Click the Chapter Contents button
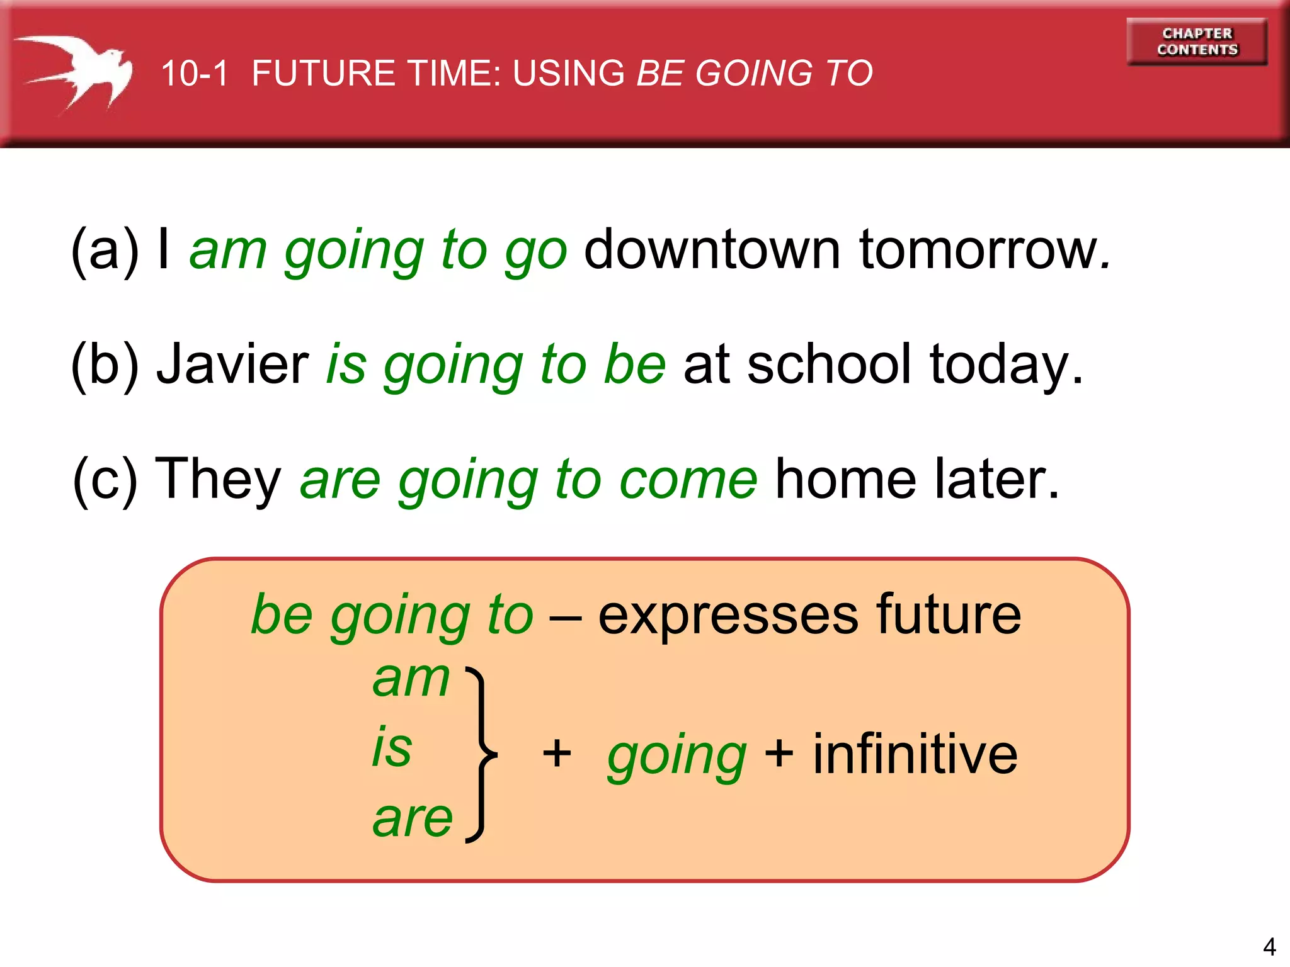click(1197, 42)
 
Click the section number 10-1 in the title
click(194, 73)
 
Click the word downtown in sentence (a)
click(712, 249)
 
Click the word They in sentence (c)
click(218, 480)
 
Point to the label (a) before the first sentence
click(105, 251)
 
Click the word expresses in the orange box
click(728, 615)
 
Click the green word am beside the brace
click(411, 679)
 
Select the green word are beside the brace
click(413, 819)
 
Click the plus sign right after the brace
click(557, 753)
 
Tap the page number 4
click(1269, 946)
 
